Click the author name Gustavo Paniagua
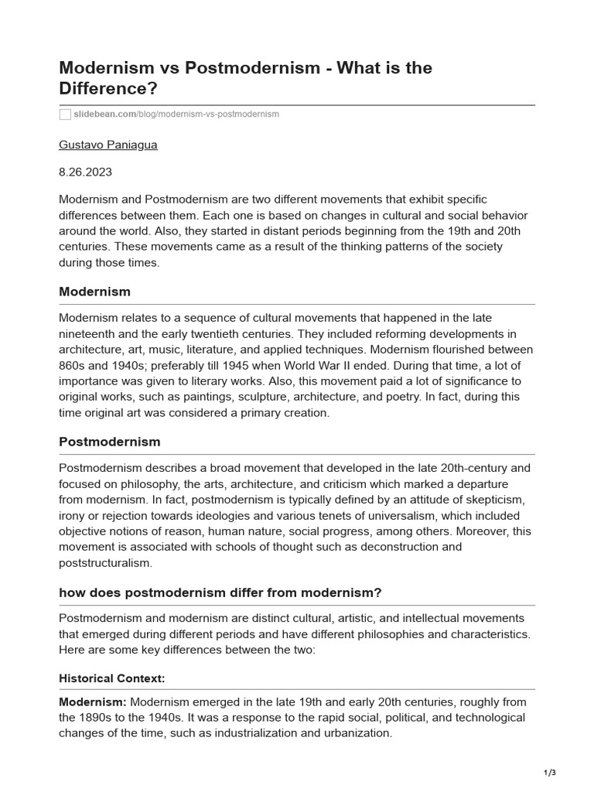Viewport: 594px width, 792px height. [108, 145]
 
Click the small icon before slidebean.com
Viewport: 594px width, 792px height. [65, 114]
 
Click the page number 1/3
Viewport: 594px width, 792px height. [550, 773]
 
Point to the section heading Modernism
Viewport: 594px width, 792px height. [94, 292]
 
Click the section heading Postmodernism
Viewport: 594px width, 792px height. [110, 442]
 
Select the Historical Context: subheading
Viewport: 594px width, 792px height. [112, 678]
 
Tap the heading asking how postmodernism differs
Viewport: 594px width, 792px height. [220, 592]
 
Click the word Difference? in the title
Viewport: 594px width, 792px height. [108, 89]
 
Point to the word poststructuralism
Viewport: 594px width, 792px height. [106, 562]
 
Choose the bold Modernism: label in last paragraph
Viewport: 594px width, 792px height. [93, 702]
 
